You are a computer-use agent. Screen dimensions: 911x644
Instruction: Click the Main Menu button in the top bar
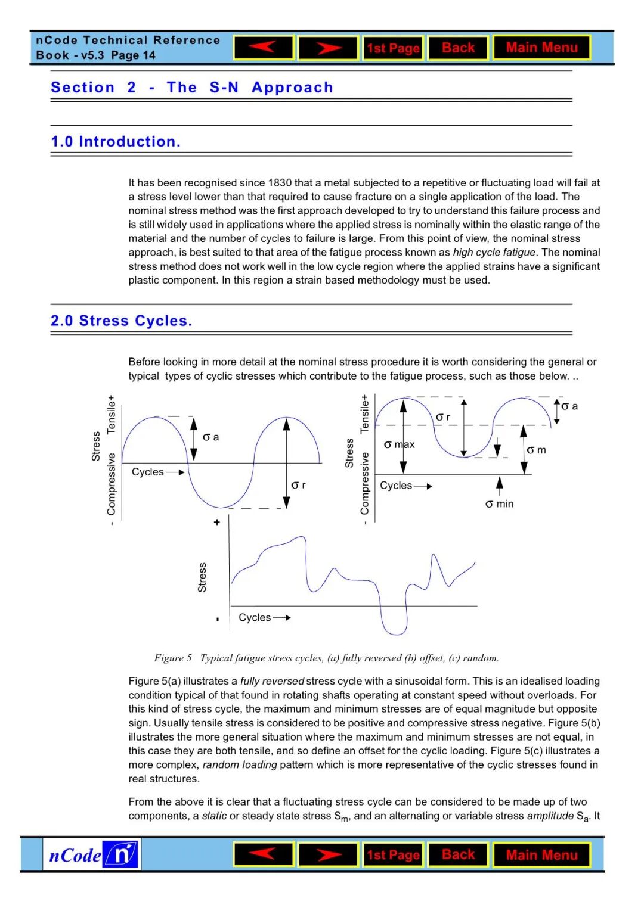pos(541,48)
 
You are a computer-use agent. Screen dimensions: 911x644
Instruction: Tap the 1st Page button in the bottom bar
pos(393,855)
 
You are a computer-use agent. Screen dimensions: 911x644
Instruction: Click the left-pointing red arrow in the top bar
pos(264,48)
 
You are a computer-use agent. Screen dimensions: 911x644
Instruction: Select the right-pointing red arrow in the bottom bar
pos(328,855)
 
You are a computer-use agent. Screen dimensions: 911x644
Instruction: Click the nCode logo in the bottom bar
pos(92,854)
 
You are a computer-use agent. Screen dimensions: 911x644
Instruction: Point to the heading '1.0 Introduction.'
pos(116,142)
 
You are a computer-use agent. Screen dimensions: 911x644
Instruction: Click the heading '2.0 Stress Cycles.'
pos(122,321)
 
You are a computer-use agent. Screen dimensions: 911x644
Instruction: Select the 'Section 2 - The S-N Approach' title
pos(192,88)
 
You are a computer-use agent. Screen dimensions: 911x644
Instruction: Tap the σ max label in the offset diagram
pos(399,444)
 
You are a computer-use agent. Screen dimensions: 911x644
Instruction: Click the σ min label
pos(500,504)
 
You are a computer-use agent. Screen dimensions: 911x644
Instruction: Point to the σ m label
pos(536,450)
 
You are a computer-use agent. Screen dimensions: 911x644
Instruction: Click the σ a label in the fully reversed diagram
pos(210,437)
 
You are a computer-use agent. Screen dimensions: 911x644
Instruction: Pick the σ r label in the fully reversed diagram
pos(298,485)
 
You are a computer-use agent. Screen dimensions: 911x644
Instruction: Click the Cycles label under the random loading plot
pos(255,618)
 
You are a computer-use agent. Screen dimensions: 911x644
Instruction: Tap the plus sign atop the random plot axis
pos(217,522)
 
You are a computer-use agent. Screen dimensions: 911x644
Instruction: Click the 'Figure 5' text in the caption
pos(173,658)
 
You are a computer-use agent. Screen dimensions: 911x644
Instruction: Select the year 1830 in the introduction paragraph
pos(280,183)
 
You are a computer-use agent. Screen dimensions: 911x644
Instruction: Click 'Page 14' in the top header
pos(133,55)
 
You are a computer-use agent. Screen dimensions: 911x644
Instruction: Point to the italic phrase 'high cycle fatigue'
pos(494,253)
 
